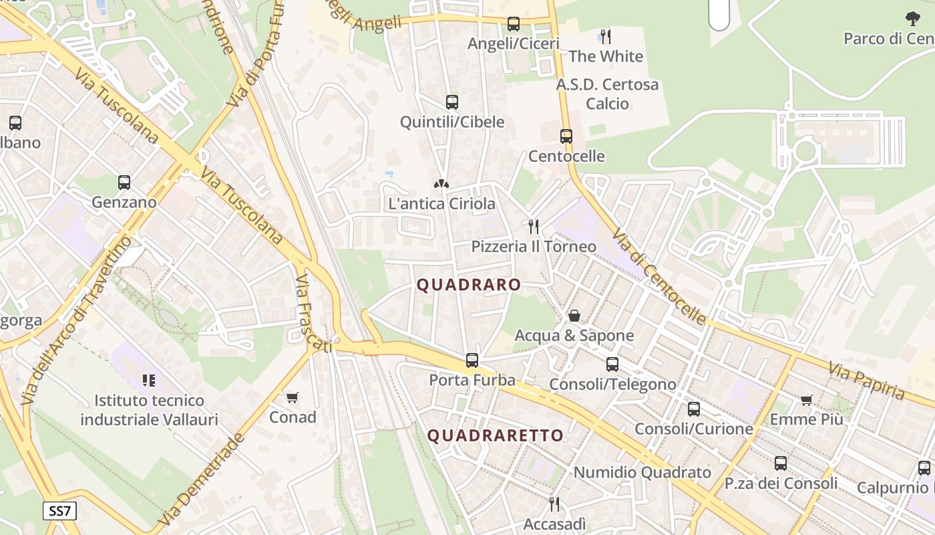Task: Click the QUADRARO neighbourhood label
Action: pos(469,285)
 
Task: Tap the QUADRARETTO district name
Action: pos(496,436)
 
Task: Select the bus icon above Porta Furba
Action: pos(472,360)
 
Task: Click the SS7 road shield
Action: pos(60,512)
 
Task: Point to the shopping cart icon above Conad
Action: pos(292,398)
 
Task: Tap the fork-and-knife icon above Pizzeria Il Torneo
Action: pos(533,227)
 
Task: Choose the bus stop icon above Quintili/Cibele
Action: pos(452,102)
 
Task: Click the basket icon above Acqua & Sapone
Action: pos(574,316)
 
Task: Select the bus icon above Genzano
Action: pos(124,182)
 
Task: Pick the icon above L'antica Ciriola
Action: pos(441,183)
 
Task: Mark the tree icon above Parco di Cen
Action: pos(912,19)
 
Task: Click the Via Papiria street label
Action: pos(866,381)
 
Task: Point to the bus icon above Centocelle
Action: pos(566,136)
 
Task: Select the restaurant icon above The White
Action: pos(606,36)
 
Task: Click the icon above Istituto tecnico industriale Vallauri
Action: pos(149,381)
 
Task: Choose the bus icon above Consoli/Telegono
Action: pos(612,364)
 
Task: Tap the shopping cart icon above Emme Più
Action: pos(807,400)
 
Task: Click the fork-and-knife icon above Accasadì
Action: pos(554,504)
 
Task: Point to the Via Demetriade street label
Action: pos(200,479)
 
